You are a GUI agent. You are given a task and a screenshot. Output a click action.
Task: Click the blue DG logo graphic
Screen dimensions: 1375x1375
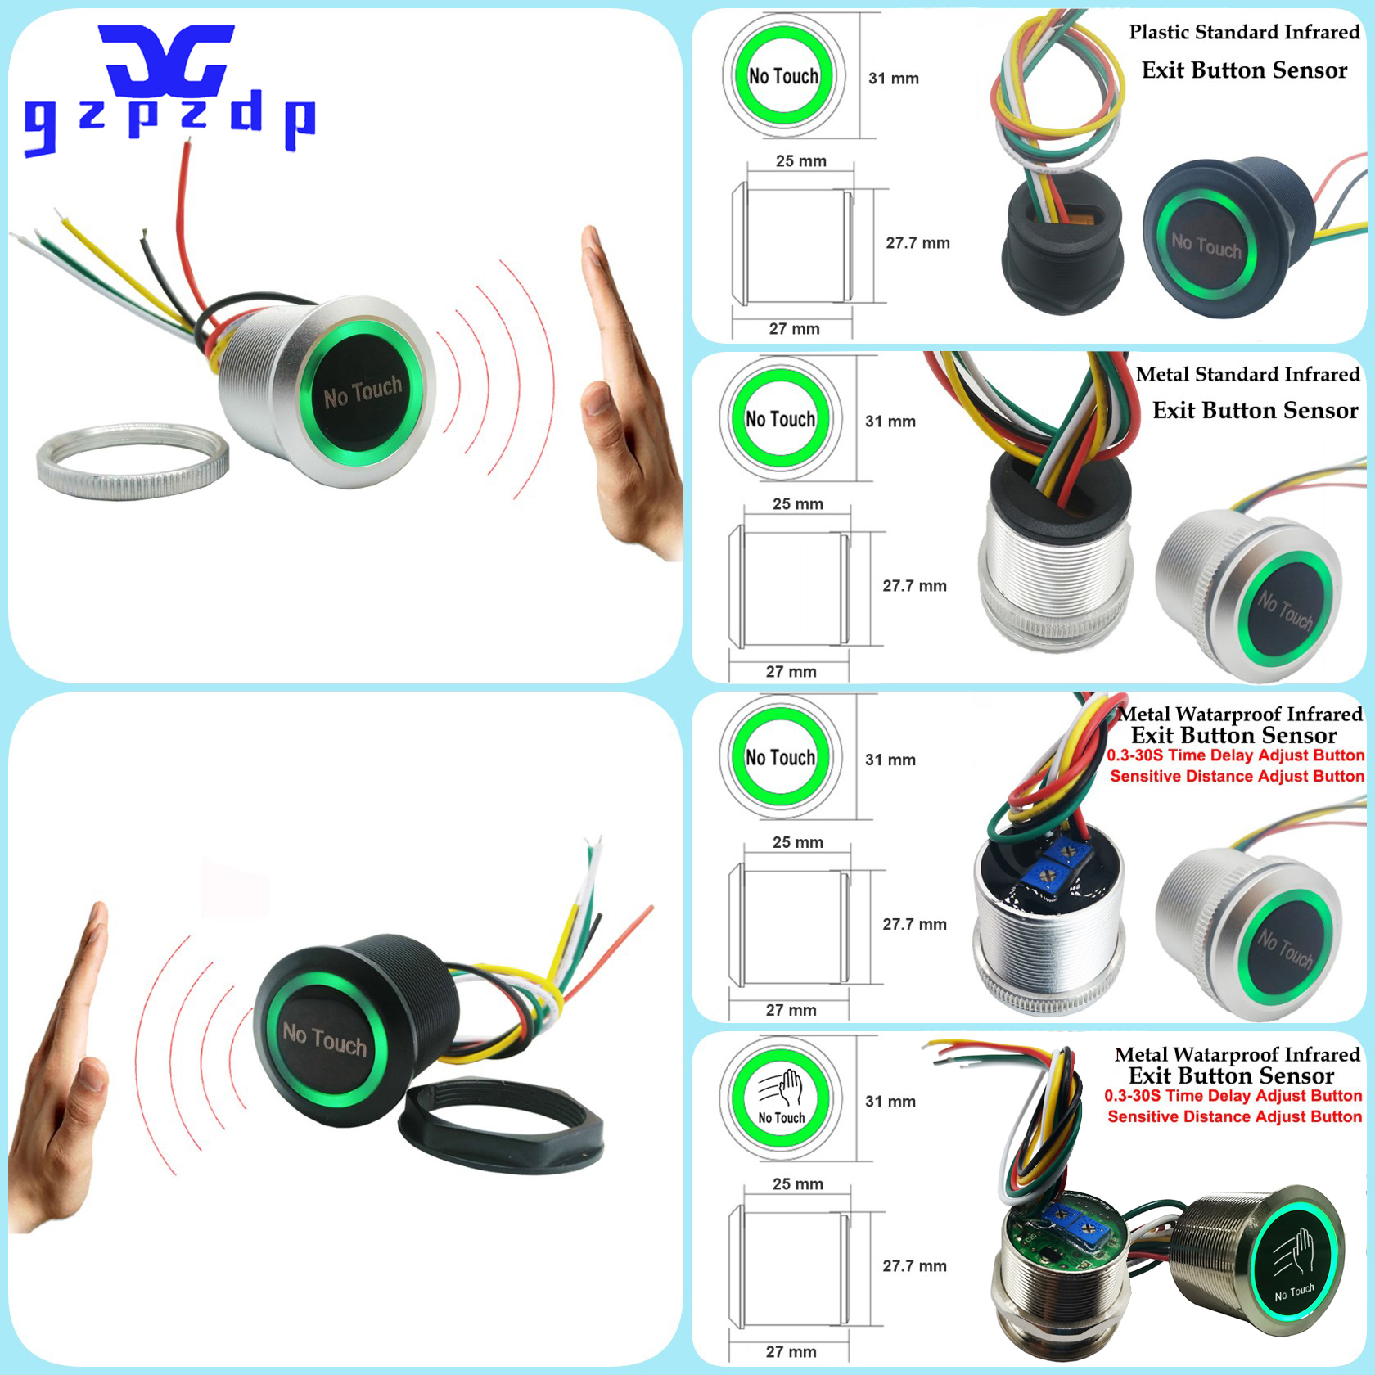pyautogui.click(x=168, y=61)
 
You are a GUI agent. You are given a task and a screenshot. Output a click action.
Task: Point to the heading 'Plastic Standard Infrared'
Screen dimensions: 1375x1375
pyautogui.click(x=1244, y=33)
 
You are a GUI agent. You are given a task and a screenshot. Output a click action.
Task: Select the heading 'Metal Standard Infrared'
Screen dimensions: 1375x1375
pyautogui.click(x=1247, y=375)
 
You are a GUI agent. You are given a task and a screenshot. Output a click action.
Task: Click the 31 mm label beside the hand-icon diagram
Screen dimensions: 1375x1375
pyautogui.click(x=890, y=1102)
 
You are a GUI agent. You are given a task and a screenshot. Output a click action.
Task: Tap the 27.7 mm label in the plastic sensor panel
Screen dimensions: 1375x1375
pyautogui.click(x=917, y=243)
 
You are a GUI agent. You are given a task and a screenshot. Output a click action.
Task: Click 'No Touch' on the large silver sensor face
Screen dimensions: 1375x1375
pyautogui.click(x=363, y=391)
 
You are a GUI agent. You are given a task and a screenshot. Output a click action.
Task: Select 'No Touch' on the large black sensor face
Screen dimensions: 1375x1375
pyautogui.click(x=325, y=1039)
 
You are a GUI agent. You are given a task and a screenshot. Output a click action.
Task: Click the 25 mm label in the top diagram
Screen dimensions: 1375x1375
pyautogui.click(x=801, y=161)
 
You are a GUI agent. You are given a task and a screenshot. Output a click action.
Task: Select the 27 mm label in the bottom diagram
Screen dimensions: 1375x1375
pyautogui.click(x=791, y=1352)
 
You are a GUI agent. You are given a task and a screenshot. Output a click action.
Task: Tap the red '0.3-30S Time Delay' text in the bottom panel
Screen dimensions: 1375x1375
pyautogui.click(x=1233, y=1096)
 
